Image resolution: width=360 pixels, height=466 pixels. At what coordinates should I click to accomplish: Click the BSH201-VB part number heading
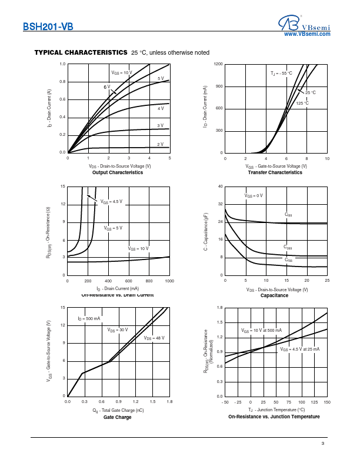tap(48, 26)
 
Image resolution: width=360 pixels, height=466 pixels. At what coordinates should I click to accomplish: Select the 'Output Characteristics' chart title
tap(118, 172)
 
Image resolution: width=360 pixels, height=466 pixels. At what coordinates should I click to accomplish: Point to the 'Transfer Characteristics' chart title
tap(275, 172)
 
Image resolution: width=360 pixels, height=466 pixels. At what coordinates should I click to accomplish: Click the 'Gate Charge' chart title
tap(118, 417)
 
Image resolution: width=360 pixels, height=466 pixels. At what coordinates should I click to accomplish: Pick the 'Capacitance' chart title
tap(274, 295)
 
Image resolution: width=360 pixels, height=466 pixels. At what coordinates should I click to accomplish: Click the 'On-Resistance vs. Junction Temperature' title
tap(274, 417)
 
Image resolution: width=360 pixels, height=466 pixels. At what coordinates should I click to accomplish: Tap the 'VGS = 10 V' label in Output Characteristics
tap(122, 72)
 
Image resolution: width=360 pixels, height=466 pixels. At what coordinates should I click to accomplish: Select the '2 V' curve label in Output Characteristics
tap(160, 144)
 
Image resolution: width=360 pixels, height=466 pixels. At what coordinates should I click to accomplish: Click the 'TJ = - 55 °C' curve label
tap(281, 74)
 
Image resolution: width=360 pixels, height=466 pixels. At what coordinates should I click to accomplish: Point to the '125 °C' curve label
tap(302, 104)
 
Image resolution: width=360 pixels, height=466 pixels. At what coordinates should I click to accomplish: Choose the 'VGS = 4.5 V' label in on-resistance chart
tap(111, 202)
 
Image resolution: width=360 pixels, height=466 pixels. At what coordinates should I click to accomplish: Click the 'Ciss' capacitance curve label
tap(288, 215)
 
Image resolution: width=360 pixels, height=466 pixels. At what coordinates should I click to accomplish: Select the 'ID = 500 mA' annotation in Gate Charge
tap(89, 318)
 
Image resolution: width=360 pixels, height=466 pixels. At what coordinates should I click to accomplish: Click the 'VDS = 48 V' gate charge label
tap(154, 338)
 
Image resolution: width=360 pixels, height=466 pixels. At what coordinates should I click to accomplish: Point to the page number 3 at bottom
tap(323, 443)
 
